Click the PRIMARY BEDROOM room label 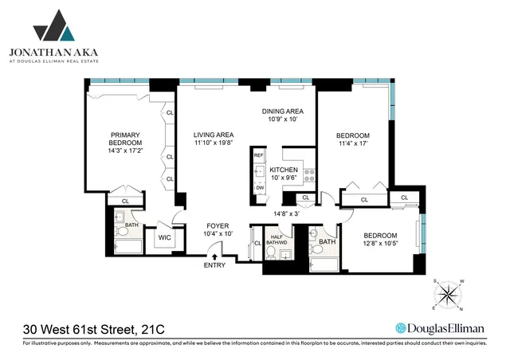(126, 139)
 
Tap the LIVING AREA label (213, 135)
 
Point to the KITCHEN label (284, 170)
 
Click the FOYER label (218, 226)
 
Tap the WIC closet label (165, 237)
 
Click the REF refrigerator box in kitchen (259, 156)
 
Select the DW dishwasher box (259, 188)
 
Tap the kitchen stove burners (309, 174)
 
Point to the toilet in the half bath (272, 254)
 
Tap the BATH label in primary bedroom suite (132, 225)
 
